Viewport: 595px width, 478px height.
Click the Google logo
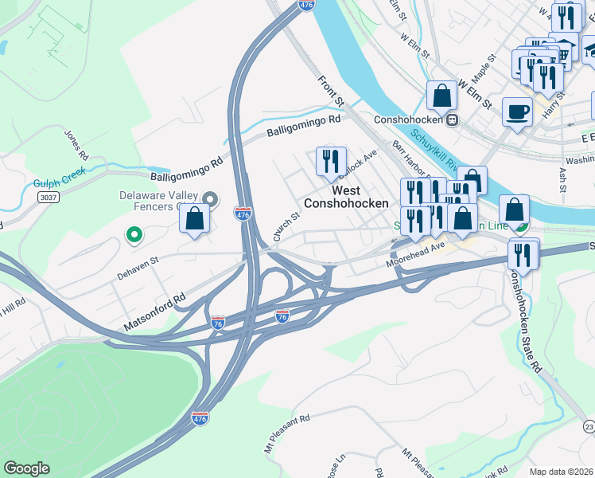point(27,468)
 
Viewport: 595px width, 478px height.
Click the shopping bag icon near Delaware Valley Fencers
point(195,218)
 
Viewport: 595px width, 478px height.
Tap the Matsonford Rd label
point(154,311)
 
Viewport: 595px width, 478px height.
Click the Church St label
point(286,226)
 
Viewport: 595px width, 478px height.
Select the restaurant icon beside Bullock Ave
point(329,161)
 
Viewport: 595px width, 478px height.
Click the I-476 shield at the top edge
point(306,5)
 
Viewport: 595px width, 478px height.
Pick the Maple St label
point(484,69)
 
